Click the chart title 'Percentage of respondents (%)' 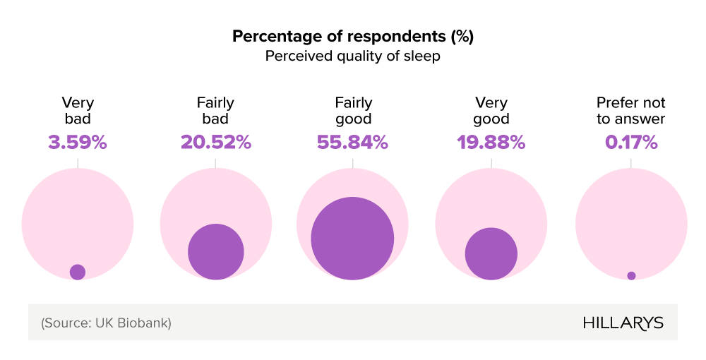(x=352, y=37)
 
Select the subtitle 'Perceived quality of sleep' (x=352, y=56)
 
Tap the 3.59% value (x=78, y=143)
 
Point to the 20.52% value (x=215, y=143)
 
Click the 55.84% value (x=352, y=143)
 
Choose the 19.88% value (x=491, y=143)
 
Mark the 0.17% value (x=631, y=143)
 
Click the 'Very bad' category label (x=78, y=111)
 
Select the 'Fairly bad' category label (x=215, y=111)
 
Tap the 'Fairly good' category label (x=352, y=111)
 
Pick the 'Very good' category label (x=491, y=111)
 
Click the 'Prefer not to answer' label (x=631, y=111)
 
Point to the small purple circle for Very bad (x=78, y=272)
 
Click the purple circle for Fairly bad (x=216, y=252)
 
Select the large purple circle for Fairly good (x=352, y=238)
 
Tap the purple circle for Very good (x=491, y=253)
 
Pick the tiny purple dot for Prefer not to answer (x=631, y=275)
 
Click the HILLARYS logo (x=623, y=323)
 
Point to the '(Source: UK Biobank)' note (x=106, y=323)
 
